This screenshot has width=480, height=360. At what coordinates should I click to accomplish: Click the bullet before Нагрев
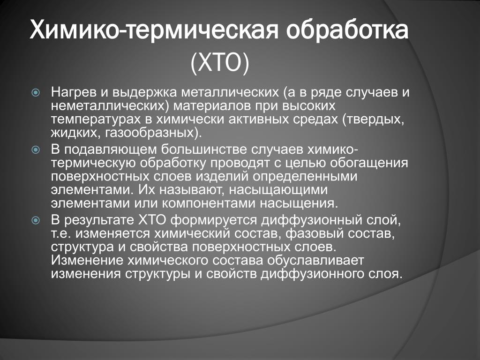coord(36,92)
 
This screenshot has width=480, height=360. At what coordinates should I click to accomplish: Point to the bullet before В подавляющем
coord(36,150)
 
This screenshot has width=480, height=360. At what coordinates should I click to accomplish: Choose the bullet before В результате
coord(36,220)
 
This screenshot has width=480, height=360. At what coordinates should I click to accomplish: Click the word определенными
coord(305,177)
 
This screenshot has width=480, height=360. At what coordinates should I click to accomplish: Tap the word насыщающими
coord(278,190)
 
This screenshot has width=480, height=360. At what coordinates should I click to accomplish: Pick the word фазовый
coord(310,234)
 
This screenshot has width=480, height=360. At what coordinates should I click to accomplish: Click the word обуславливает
coord(315,261)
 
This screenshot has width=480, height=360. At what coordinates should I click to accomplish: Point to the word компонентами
coord(208,203)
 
